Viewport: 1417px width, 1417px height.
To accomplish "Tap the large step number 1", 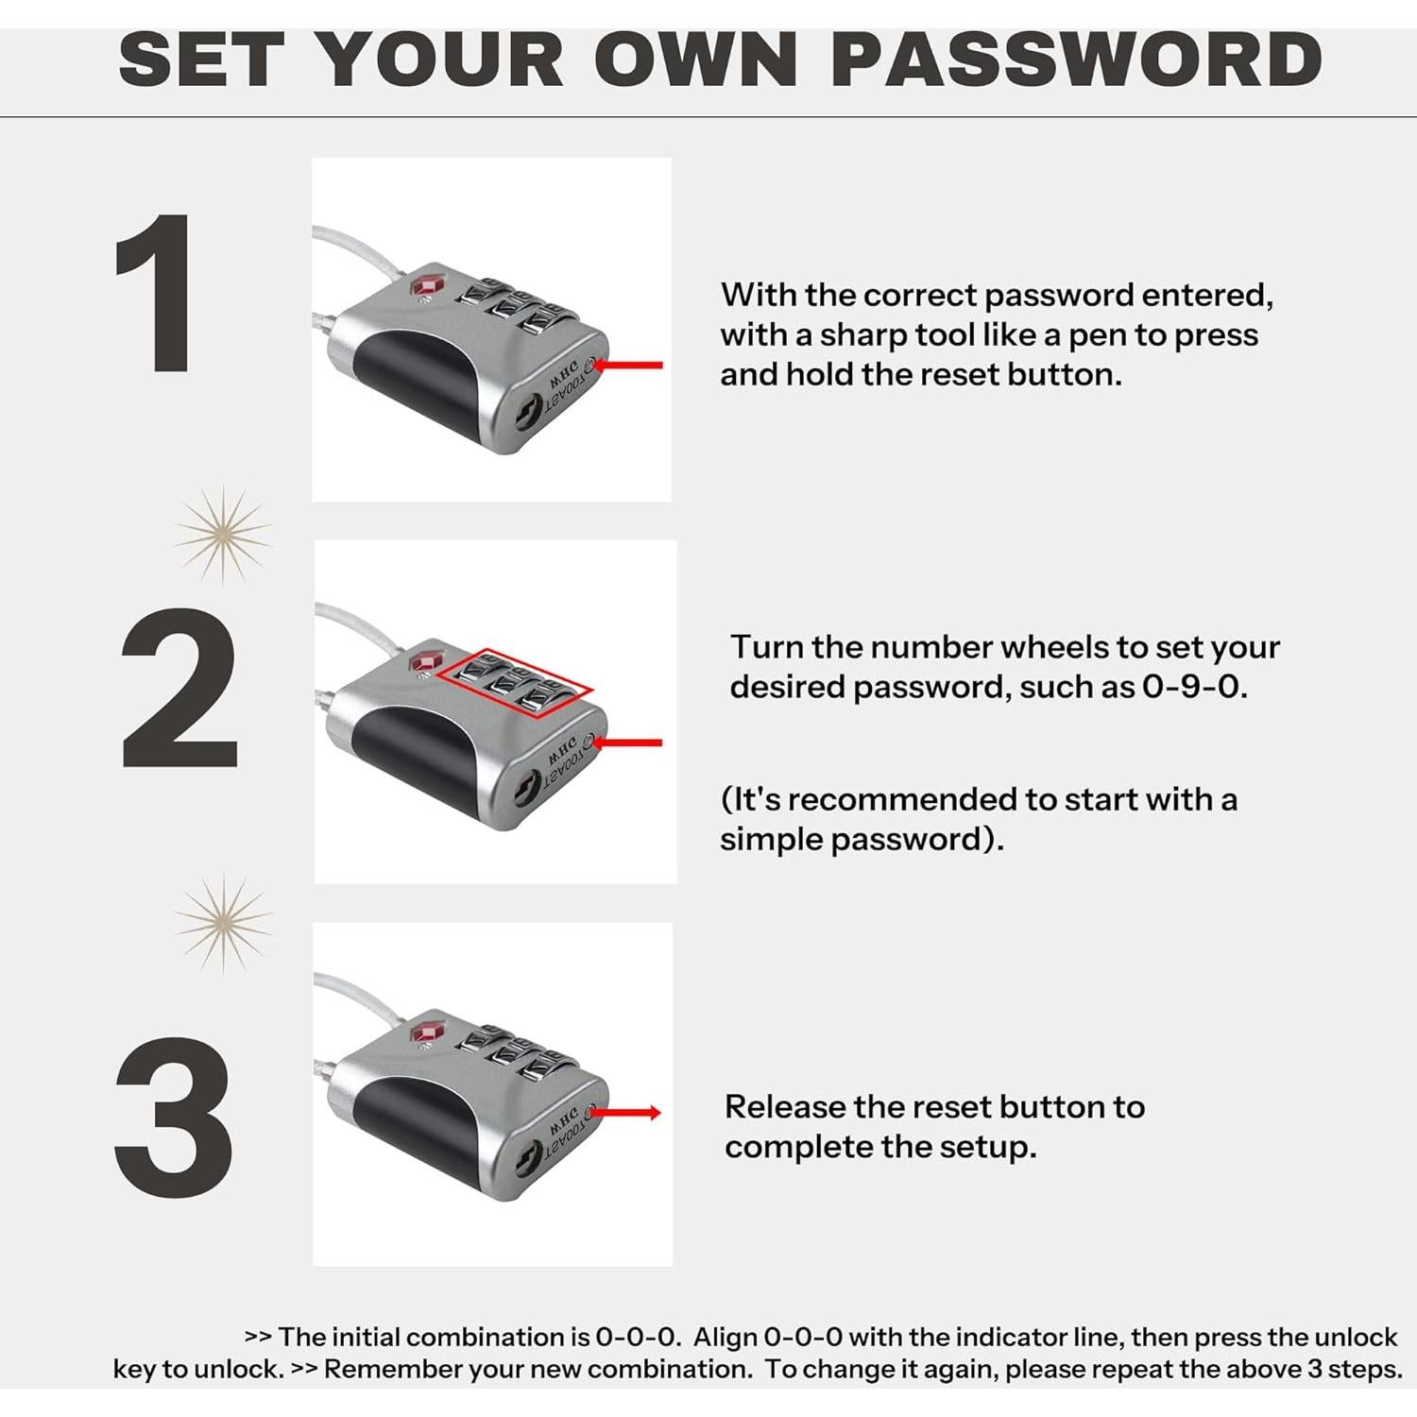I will click(156, 295).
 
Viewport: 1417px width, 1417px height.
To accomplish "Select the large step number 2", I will click(179, 688).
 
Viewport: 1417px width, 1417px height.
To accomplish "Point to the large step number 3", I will click(174, 1118).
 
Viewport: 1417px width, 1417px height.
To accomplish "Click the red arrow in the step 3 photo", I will click(630, 1113).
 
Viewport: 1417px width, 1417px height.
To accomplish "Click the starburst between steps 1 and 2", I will click(223, 536).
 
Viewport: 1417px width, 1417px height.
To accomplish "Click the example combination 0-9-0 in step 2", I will click(1193, 687).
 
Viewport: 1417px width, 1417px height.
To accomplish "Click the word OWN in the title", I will click(696, 60).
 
